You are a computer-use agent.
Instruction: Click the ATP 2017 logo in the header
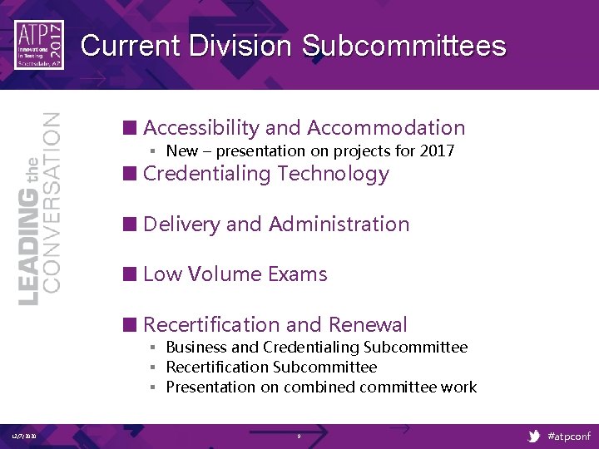click(x=39, y=46)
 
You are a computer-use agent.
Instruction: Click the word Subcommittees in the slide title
click(x=403, y=45)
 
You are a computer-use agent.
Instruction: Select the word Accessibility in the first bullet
click(x=200, y=127)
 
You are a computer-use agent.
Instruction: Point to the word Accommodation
click(x=386, y=127)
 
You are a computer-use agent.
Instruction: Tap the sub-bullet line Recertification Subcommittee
click(x=271, y=367)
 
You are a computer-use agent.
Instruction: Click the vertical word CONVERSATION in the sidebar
click(x=52, y=201)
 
